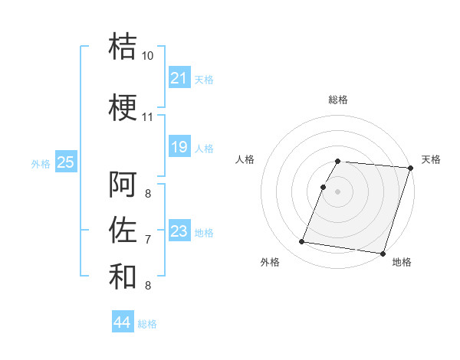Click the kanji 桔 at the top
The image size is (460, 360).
123,46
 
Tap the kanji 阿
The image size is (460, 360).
123,185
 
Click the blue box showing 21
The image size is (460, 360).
179,78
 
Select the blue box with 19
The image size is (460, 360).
179,147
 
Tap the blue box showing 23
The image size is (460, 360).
179,231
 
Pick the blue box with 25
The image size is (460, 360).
65,162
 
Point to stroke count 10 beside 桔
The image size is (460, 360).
147,56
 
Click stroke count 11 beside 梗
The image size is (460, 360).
147,117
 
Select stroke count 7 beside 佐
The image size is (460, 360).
147,240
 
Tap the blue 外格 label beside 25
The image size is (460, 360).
41,163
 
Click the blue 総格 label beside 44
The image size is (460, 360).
147,324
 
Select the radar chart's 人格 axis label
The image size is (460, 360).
245,159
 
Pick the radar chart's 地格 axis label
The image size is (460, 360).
402,262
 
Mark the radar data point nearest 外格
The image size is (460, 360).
302,242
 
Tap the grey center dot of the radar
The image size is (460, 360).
337,191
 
